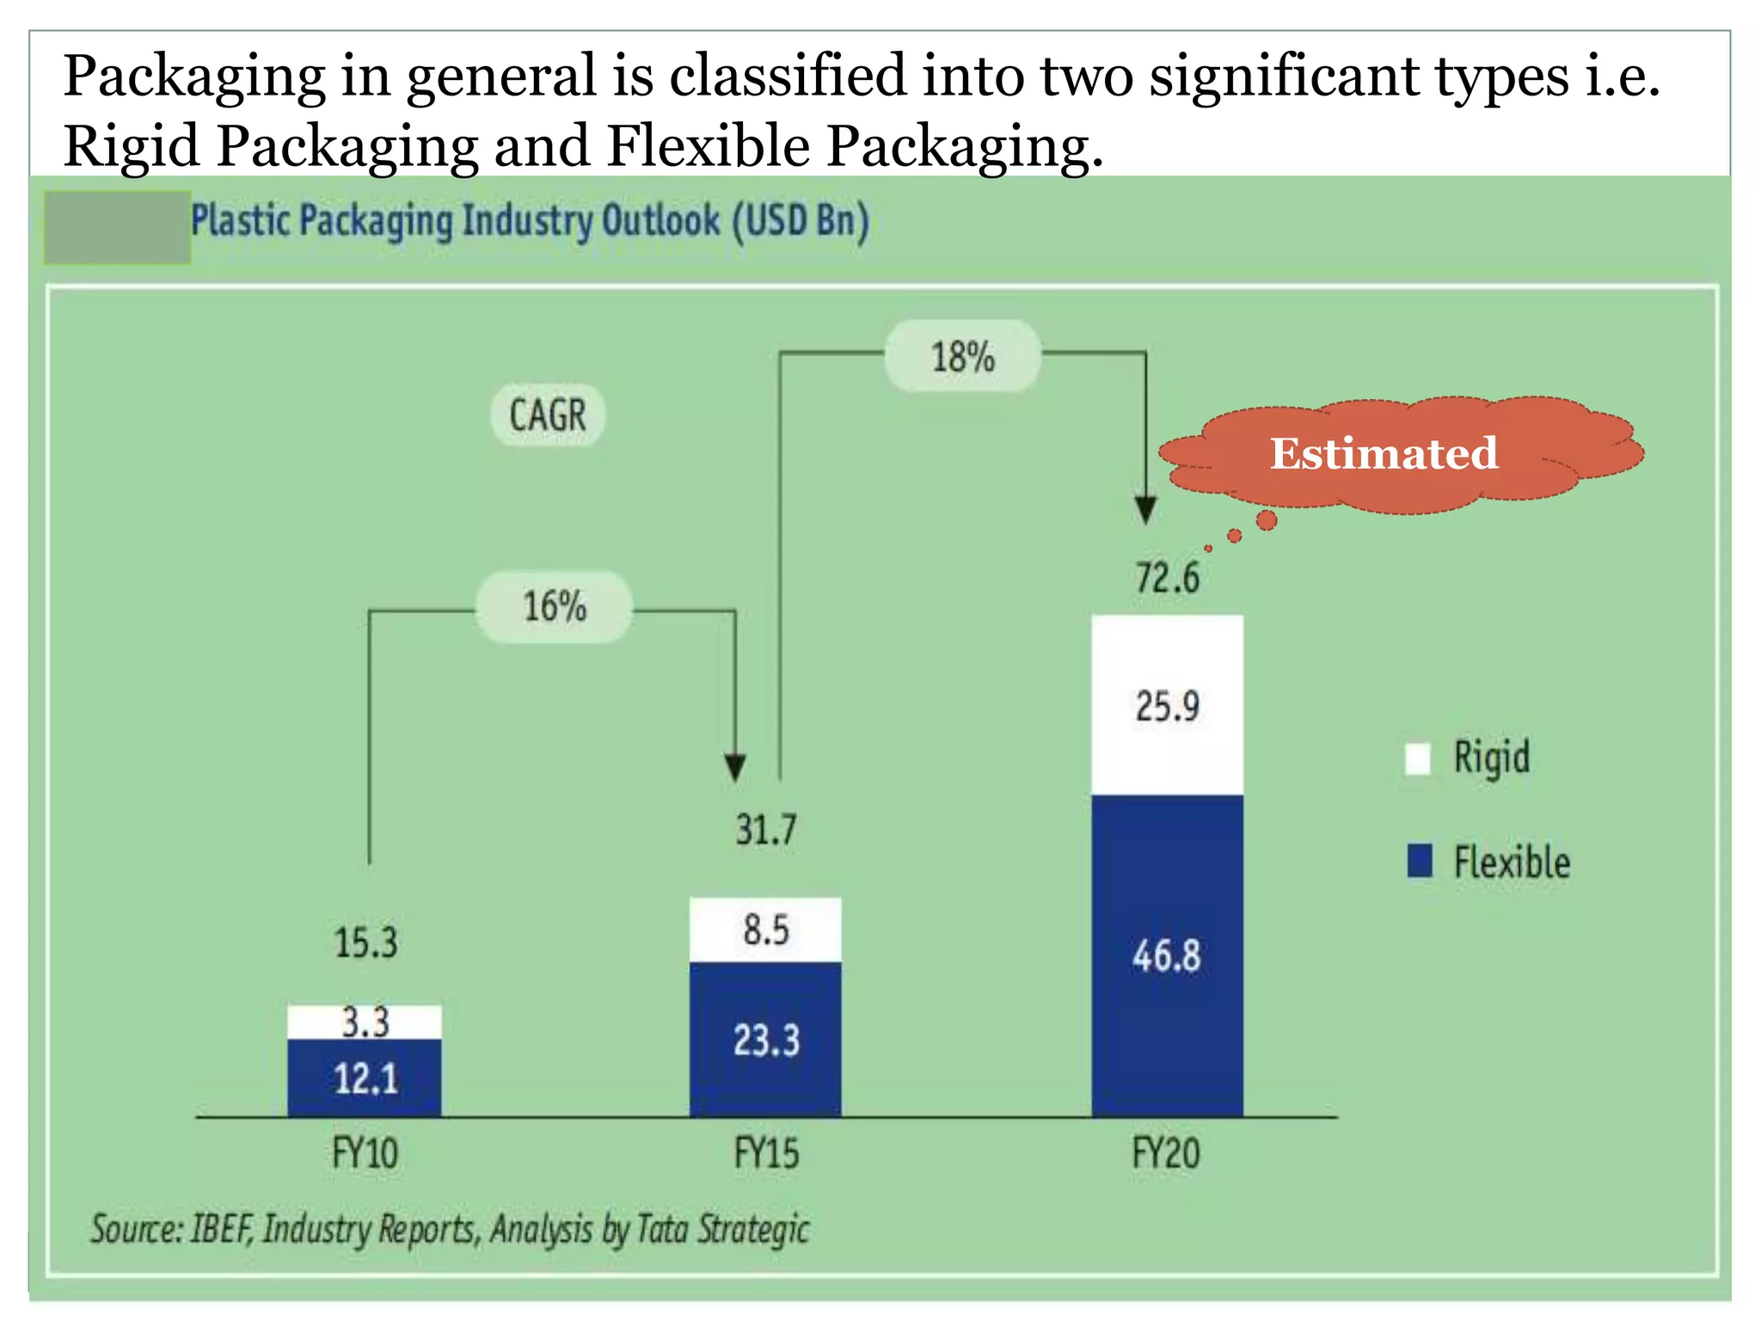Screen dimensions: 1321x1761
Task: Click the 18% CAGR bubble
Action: (x=962, y=356)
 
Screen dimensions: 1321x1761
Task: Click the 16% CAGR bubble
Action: (x=555, y=606)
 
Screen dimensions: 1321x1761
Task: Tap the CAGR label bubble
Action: (x=548, y=415)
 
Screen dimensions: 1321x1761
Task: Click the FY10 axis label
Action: (x=365, y=1152)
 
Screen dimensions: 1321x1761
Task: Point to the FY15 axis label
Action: (x=766, y=1152)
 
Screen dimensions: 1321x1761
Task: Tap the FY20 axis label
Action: (x=1166, y=1152)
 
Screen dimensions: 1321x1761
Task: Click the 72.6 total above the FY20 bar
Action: (x=1167, y=578)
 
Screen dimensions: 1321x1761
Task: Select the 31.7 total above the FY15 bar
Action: (x=765, y=831)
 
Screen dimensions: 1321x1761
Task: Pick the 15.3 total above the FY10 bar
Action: (x=365, y=943)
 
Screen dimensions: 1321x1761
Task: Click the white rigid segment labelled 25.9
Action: (x=1167, y=705)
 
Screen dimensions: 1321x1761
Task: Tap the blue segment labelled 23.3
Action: (x=765, y=1041)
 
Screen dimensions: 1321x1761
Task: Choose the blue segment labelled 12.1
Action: (x=365, y=1078)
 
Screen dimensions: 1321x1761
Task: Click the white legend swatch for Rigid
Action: (x=1418, y=759)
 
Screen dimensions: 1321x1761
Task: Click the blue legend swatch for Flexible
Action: (x=1420, y=861)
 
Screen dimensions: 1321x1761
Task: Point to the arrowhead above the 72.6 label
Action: (x=1145, y=510)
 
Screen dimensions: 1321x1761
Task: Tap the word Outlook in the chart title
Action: (x=660, y=221)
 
